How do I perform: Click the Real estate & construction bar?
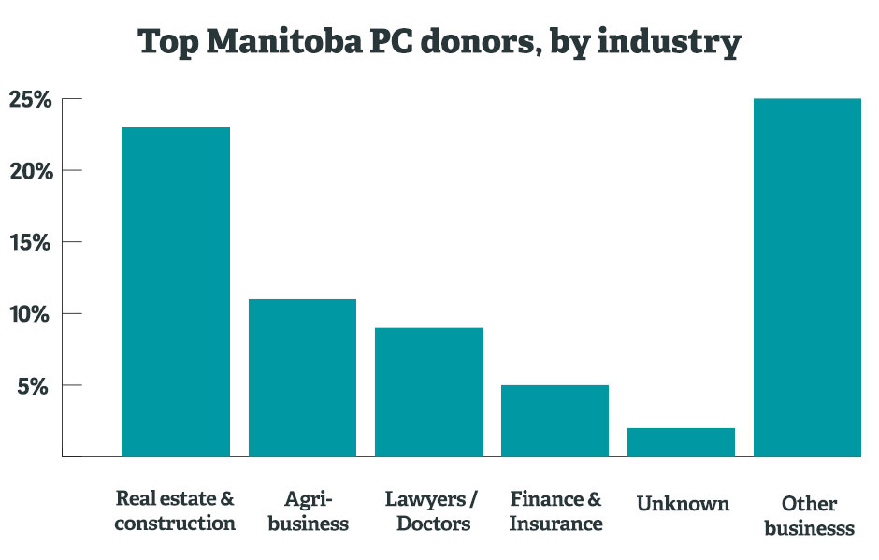point(176,292)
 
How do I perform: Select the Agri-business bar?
point(302,378)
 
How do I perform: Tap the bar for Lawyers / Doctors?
point(428,392)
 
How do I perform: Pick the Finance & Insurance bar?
point(555,421)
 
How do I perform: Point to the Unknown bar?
point(681,442)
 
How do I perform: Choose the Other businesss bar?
point(807,278)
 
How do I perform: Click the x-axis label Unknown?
point(683,504)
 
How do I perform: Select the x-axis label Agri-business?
point(309,510)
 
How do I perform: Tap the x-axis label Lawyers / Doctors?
point(431,510)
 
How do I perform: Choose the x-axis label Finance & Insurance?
point(555,510)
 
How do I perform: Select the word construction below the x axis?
point(175,524)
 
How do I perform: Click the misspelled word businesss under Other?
point(809,528)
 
